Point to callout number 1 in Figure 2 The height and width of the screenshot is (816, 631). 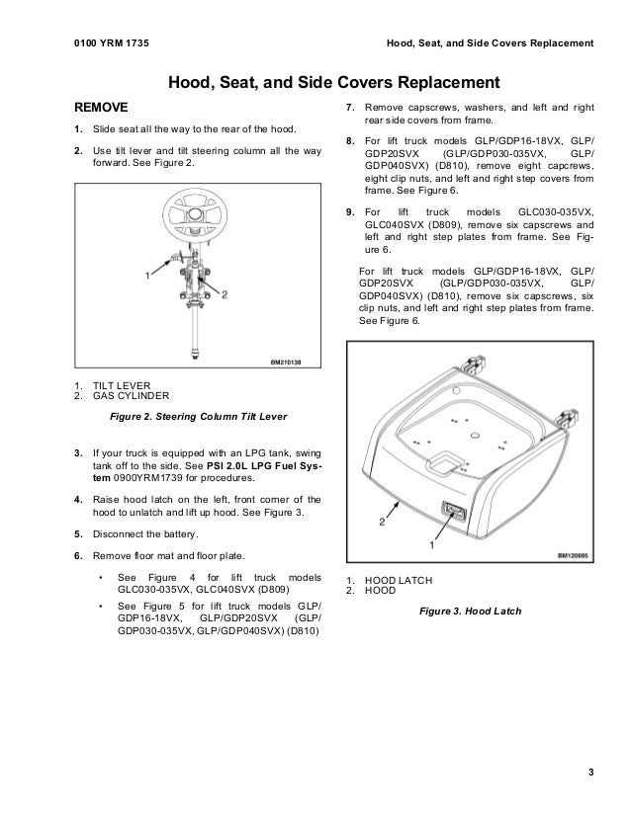click(147, 276)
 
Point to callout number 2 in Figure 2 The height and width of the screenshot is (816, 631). click(225, 294)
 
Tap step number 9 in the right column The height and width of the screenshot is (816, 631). click(349, 212)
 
